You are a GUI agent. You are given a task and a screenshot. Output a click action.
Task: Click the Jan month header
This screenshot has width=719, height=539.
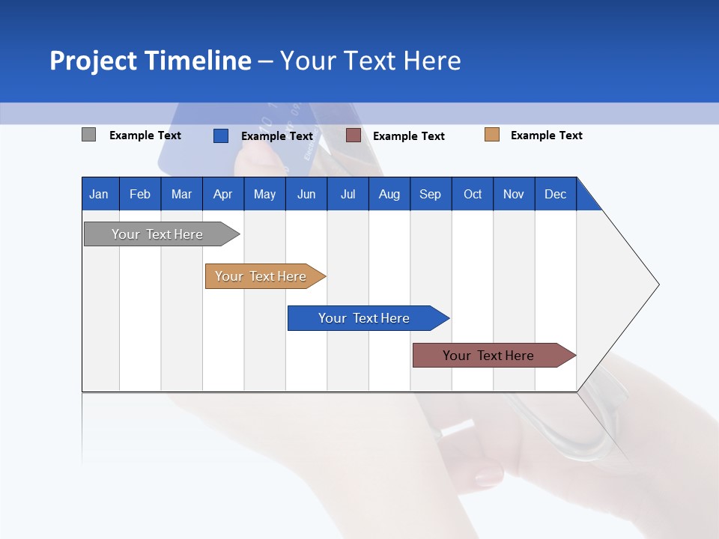99,194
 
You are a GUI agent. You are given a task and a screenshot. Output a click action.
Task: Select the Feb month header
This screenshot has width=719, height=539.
140,194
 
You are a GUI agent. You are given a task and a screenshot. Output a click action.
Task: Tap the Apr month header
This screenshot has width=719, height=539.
222,194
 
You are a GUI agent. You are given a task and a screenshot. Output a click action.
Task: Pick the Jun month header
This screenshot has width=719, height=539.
306,194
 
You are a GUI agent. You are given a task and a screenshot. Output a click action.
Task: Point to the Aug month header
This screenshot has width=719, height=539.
389,194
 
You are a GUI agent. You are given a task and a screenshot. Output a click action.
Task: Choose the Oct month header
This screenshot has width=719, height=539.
473,194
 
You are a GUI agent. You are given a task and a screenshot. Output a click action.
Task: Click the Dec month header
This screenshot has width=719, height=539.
555,194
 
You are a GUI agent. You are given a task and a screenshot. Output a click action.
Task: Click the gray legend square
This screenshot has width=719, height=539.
89,135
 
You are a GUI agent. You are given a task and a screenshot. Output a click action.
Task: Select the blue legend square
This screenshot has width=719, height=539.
221,135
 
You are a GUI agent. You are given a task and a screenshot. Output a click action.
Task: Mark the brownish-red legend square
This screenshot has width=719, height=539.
354,135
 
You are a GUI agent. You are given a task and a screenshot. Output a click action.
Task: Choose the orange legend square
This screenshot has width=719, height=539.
492,135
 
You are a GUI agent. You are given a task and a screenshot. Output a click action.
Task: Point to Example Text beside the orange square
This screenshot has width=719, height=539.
546,135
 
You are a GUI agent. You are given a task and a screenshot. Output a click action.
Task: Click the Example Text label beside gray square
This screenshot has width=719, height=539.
145,135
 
